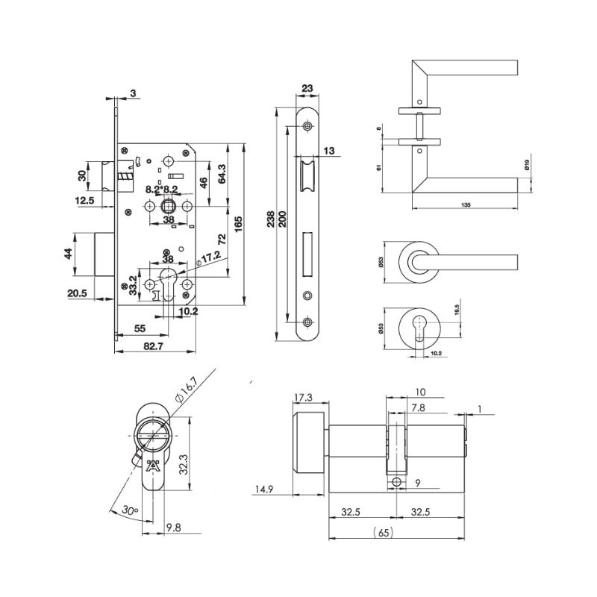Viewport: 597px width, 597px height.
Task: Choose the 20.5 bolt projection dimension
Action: coord(77,294)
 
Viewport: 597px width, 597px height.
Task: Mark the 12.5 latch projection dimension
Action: coord(84,200)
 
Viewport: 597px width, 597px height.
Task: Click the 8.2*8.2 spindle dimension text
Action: coord(161,189)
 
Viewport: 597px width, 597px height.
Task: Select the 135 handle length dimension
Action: coord(466,203)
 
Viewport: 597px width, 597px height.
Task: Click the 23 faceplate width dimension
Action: coord(306,87)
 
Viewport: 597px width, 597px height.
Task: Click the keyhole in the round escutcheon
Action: coord(421,326)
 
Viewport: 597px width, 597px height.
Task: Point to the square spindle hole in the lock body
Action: coord(168,207)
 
